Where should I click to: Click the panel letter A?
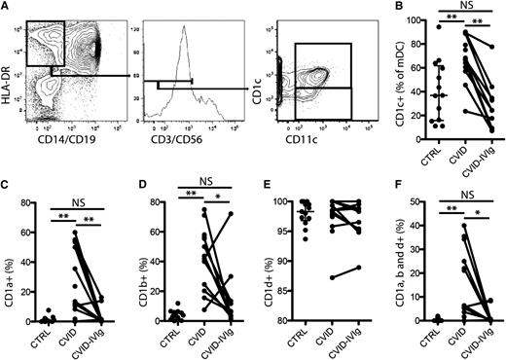(x=7, y=8)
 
